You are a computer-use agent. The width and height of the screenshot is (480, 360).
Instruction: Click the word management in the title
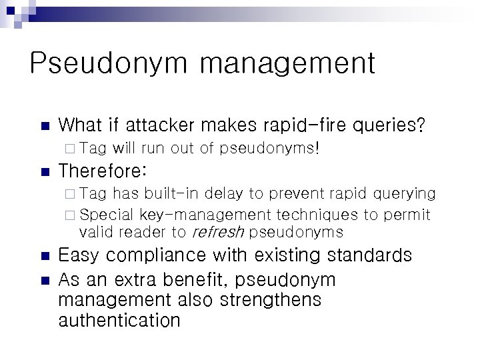tap(287, 65)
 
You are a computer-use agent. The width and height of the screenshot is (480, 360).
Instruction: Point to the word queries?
tap(393, 125)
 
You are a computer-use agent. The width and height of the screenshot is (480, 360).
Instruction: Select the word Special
tap(107, 215)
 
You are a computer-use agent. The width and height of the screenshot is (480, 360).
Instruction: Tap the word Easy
tap(81, 255)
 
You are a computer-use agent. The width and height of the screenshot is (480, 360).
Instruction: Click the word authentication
tap(120, 321)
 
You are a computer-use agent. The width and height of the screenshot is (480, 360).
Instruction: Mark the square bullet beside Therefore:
tap(45, 172)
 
